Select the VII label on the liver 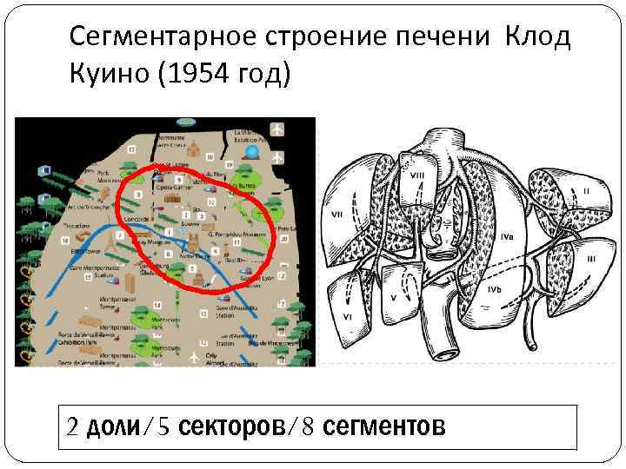(336, 214)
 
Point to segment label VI (347, 318)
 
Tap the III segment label (590, 258)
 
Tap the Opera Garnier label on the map (172, 186)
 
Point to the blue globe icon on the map (253, 152)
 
